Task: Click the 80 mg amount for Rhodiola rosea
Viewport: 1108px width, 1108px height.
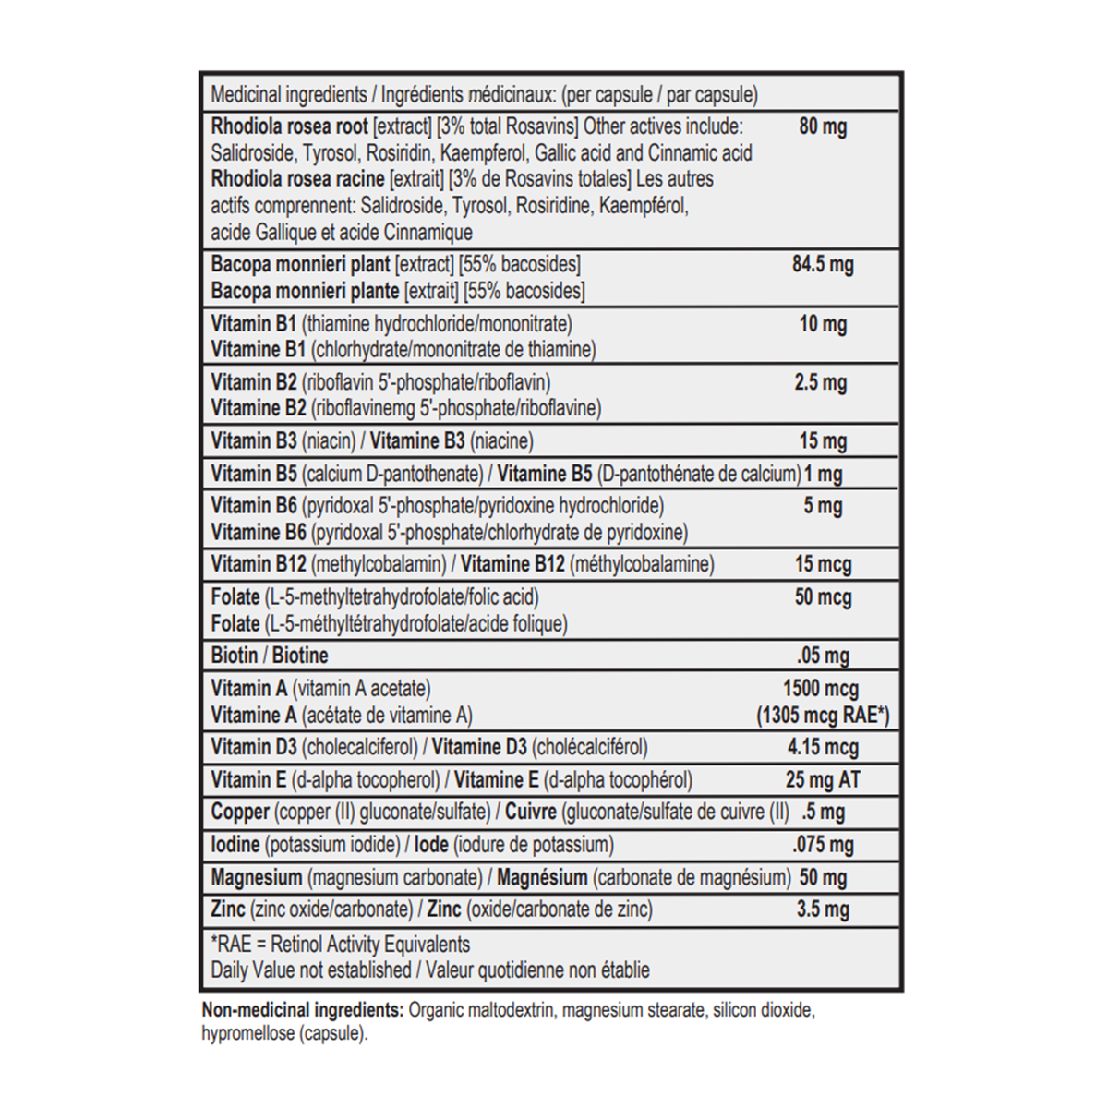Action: (x=822, y=126)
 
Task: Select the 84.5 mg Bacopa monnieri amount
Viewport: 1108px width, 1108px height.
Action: (x=822, y=264)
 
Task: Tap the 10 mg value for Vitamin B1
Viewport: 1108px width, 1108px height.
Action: (x=822, y=324)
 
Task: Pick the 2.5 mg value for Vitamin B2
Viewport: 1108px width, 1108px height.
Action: (x=820, y=382)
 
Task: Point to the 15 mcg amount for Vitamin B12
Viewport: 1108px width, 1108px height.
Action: (x=823, y=564)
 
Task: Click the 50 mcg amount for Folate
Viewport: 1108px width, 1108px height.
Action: (x=823, y=597)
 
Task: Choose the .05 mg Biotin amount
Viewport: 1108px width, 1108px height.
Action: (x=823, y=656)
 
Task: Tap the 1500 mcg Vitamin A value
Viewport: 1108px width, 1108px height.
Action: (x=820, y=689)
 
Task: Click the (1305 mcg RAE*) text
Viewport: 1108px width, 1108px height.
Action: (x=823, y=716)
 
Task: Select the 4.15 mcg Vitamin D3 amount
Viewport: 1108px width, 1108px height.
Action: (x=822, y=747)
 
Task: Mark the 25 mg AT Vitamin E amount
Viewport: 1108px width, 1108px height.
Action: (x=822, y=780)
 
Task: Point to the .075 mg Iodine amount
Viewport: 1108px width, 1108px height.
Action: (x=823, y=845)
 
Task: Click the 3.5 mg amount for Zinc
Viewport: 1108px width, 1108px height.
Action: (x=822, y=909)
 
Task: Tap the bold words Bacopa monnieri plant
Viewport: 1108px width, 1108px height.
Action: (x=300, y=264)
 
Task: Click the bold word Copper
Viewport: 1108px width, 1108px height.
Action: (x=240, y=813)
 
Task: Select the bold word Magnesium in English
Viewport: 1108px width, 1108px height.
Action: (x=256, y=877)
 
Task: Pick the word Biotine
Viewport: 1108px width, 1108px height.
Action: (x=299, y=656)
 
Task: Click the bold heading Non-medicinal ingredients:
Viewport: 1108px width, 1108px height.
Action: (x=302, y=1010)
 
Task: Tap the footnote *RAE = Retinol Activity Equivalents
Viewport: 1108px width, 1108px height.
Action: (x=340, y=945)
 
